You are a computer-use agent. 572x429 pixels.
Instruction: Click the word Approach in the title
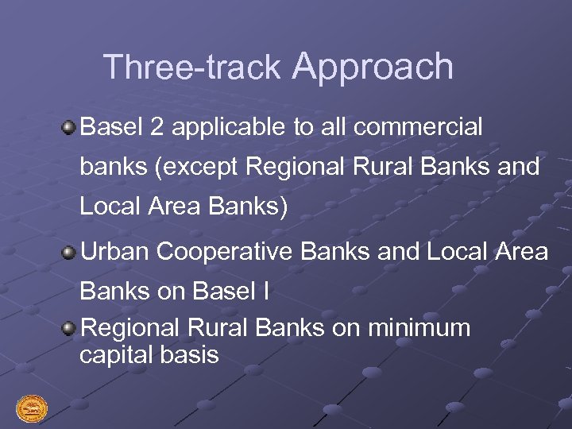pos(373,67)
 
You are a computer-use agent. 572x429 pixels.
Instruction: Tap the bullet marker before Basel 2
pos(70,126)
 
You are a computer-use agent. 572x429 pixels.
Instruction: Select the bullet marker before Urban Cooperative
pos(70,252)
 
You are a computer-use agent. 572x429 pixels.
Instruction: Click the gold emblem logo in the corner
pos(32,408)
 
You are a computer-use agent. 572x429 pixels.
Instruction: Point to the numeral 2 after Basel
pos(157,126)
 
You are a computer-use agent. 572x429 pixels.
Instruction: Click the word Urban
pos(116,252)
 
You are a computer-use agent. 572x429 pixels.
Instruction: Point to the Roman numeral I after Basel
pos(265,292)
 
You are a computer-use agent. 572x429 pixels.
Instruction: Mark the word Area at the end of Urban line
pos(520,252)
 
